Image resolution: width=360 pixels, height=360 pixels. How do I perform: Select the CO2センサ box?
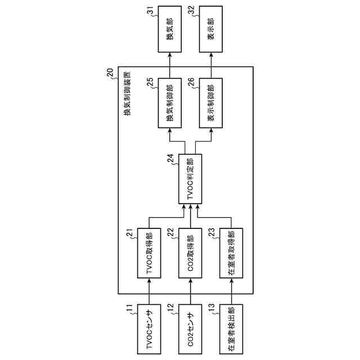(190, 329)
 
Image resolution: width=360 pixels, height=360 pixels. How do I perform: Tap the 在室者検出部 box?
(232, 329)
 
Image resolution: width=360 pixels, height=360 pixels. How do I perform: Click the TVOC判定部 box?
(190, 179)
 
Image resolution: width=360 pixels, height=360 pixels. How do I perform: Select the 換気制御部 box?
(169, 103)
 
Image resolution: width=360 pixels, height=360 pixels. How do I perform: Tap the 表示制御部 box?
(211, 103)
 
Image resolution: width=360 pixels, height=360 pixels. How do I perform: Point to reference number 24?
(170, 159)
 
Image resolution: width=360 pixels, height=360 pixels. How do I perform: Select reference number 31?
(150, 10)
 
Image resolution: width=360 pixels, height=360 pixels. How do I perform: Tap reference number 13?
(212, 308)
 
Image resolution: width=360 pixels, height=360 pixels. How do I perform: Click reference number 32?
(192, 10)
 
